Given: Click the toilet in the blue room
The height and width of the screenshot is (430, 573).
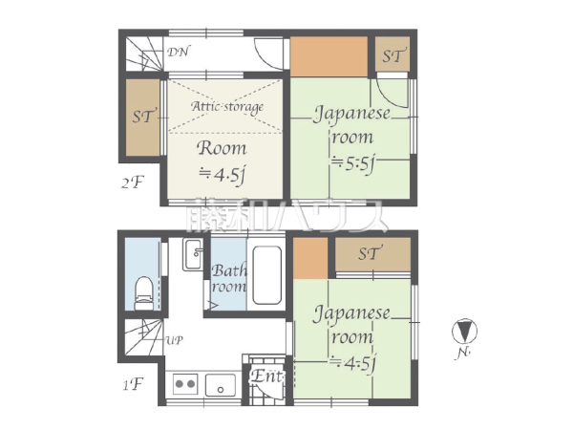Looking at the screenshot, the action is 143,293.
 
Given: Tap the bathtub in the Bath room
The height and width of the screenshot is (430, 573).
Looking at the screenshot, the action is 267,275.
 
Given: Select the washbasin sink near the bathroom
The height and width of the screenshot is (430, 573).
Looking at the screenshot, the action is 193,254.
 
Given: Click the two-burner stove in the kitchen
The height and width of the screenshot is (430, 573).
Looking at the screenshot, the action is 185,384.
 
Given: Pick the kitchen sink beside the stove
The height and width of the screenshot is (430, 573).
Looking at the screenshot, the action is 221,385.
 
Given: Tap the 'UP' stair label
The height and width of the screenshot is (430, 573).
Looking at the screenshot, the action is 175,340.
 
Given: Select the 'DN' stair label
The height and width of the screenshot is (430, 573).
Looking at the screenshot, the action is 179,52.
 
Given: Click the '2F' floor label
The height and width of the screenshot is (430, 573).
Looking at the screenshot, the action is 133,183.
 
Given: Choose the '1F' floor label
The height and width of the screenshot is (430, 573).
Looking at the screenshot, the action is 133,384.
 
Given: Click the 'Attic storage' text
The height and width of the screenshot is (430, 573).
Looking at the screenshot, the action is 227,107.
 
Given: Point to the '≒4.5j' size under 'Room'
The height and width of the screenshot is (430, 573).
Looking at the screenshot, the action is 222,176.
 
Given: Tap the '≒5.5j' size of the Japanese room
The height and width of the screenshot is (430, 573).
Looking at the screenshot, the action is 352,164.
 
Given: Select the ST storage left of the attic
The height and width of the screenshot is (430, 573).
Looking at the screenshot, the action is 143,118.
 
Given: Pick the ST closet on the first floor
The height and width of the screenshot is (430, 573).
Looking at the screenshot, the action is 373,254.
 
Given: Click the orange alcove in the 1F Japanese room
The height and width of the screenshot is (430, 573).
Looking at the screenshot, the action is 310,258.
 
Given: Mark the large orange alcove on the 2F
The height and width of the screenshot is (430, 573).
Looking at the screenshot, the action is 329,57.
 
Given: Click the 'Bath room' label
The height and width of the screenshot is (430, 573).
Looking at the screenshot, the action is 229,278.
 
